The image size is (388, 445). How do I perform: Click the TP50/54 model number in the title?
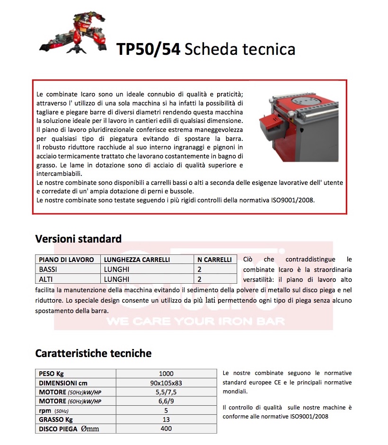[148, 49]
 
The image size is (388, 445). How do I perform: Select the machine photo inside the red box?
[298, 125]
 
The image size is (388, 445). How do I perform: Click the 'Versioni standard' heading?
[78, 238]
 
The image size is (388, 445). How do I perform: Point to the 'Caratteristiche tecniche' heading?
[93, 353]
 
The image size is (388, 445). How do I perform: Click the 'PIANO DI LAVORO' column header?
[66, 260]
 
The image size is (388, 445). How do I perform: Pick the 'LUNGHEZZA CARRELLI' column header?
[137, 260]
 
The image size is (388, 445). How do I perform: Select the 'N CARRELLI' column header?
[214, 260]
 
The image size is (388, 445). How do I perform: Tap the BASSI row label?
[49, 270]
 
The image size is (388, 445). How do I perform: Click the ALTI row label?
[46, 279]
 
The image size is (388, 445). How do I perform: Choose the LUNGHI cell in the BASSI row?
[116, 270]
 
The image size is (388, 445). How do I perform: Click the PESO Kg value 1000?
[166, 374]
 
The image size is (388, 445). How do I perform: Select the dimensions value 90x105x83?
[166, 383]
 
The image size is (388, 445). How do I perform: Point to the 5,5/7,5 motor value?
[166, 392]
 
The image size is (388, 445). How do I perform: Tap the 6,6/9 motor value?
[166, 401]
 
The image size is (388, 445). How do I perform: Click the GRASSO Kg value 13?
[166, 419]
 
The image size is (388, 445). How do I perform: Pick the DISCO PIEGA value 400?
[166, 429]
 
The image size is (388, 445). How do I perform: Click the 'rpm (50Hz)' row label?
[54, 410]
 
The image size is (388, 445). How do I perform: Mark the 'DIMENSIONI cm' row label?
[63, 383]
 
